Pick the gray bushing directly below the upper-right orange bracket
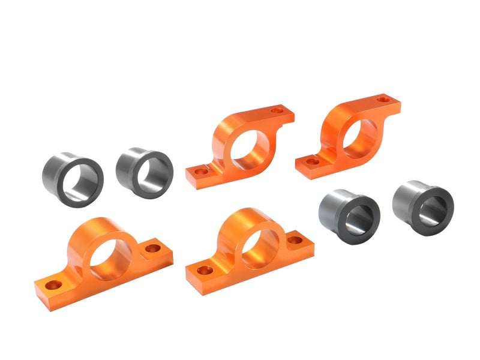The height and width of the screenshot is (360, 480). [x=350, y=214]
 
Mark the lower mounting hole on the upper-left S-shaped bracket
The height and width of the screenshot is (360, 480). [x=201, y=171]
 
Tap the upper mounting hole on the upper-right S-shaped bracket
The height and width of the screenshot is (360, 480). [x=382, y=97]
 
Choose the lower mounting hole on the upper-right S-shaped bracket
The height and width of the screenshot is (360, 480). [x=310, y=161]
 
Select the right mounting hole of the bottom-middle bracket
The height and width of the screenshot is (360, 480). [x=295, y=240]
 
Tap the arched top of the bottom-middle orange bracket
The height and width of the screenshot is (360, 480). [x=246, y=215]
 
